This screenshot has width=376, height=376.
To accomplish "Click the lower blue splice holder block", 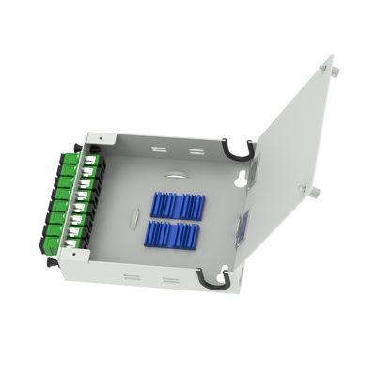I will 174,235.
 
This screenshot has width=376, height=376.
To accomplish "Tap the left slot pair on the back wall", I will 157,146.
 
